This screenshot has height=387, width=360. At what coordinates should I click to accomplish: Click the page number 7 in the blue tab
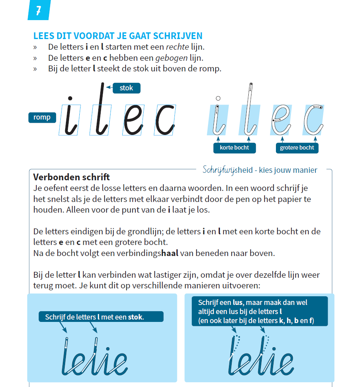pyautogui.click(x=38, y=11)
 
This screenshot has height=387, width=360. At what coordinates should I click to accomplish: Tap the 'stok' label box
pyautogui.click(x=126, y=88)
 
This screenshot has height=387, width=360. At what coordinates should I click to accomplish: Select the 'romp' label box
pyautogui.click(x=42, y=117)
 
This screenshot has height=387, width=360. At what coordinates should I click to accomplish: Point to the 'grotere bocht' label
pyautogui.click(x=297, y=148)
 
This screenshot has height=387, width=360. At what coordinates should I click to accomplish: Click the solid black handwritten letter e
pyautogui.click(x=133, y=120)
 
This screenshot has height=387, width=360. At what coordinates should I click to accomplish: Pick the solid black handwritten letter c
pyautogui.click(x=165, y=120)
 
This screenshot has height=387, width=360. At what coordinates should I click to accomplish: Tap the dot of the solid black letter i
pyautogui.click(x=70, y=98)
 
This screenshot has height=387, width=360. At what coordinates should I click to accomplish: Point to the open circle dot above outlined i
pyautogui.click(x=218, y=98)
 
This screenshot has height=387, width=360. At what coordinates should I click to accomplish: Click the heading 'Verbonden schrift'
pyautogui.click(x=71, y=177)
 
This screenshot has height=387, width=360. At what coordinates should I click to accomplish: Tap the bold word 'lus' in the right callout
pyautogui.click(x=238, y=303)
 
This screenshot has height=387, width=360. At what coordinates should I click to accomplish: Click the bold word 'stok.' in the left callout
pyautogui.click(x=136, y=317)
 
